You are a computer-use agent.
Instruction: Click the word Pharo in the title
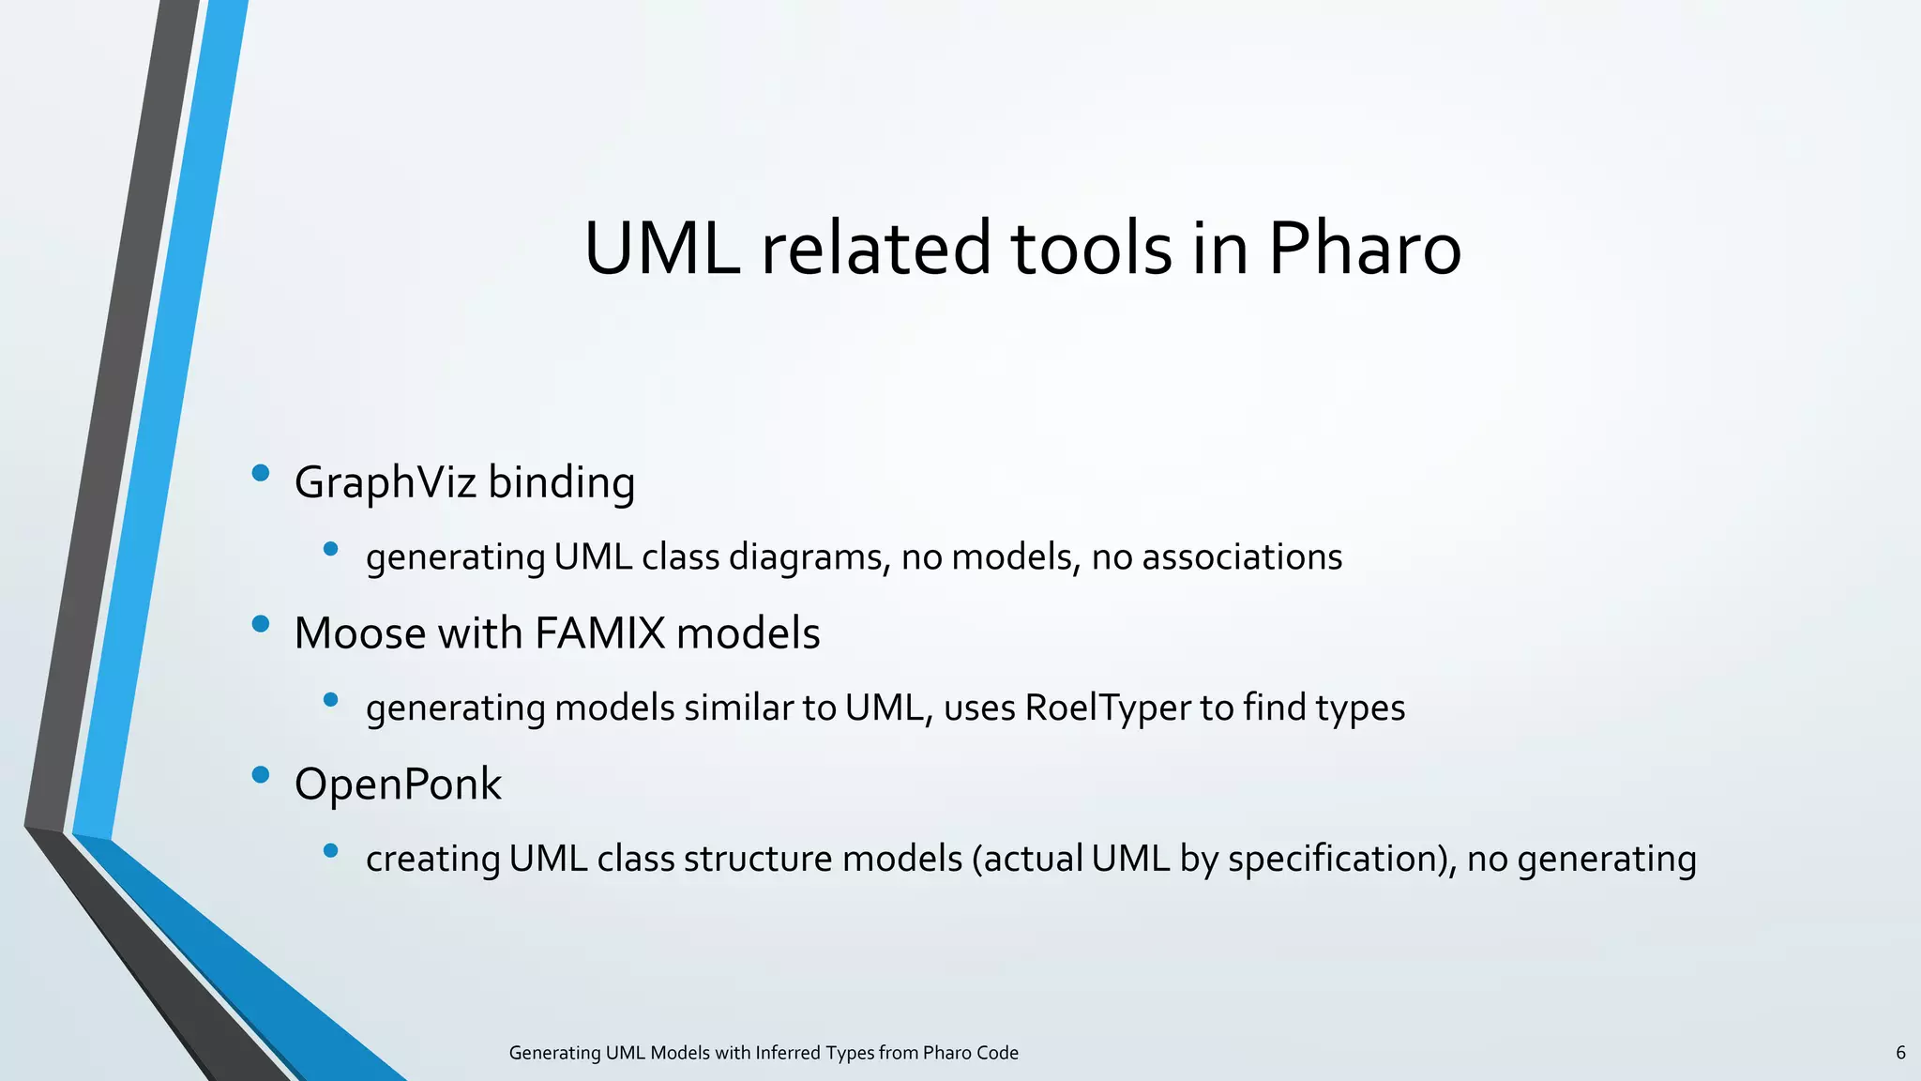click(1365, 249)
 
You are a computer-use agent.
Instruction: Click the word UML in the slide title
click(661, 249)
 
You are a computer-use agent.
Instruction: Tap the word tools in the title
click(1091, 249)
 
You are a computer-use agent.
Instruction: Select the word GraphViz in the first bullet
click(386, 483)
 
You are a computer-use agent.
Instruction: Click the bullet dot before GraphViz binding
click(261, 473)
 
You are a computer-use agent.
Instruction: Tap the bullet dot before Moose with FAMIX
click(261, 624)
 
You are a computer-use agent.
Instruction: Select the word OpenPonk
click(398, 784)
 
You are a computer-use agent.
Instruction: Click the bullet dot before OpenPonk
click(261, 774)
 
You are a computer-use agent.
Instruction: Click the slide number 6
click(1900, 1053)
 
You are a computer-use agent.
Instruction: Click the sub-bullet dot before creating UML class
click(330, 850)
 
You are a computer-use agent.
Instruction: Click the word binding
click(561, 483)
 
